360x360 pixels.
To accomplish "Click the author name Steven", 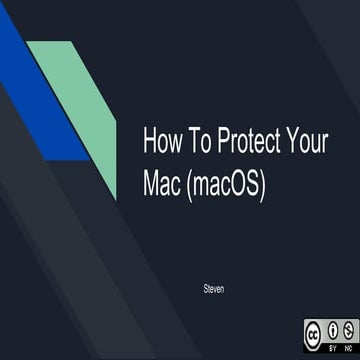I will [211, 261].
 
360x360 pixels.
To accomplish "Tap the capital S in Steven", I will [203, 261].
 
